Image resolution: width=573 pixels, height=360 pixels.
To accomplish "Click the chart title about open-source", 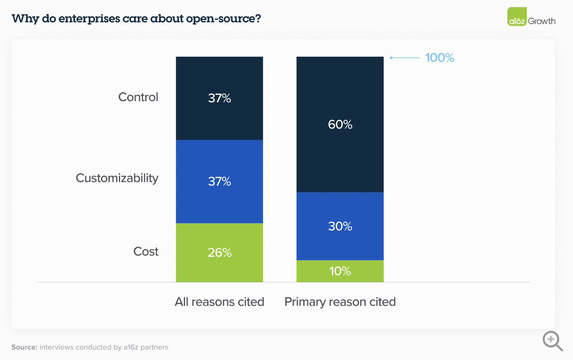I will point(136,18).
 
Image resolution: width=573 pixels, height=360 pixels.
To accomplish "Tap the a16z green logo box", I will point(517,17).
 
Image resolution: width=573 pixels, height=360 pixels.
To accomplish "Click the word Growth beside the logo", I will point(542,21).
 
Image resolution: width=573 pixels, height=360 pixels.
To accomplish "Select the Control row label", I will point(138,97).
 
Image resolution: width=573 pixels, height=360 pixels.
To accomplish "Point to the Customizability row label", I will point(117,178).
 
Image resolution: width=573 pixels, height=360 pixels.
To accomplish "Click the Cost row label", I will point(146,252).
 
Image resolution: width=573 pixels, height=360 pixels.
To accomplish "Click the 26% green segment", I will point(219,265).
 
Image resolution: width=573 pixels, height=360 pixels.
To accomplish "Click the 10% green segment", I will point(340,271).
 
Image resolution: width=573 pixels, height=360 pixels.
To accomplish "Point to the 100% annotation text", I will point(440,58).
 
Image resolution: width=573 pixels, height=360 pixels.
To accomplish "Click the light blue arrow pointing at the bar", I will point(404,58).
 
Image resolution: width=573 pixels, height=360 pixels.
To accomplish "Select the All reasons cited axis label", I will point(219,302).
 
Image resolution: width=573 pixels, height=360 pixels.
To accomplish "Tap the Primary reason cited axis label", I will point(340,302).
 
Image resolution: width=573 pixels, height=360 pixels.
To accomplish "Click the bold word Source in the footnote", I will point(24,347).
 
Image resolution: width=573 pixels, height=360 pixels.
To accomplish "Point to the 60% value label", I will point(340,125).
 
